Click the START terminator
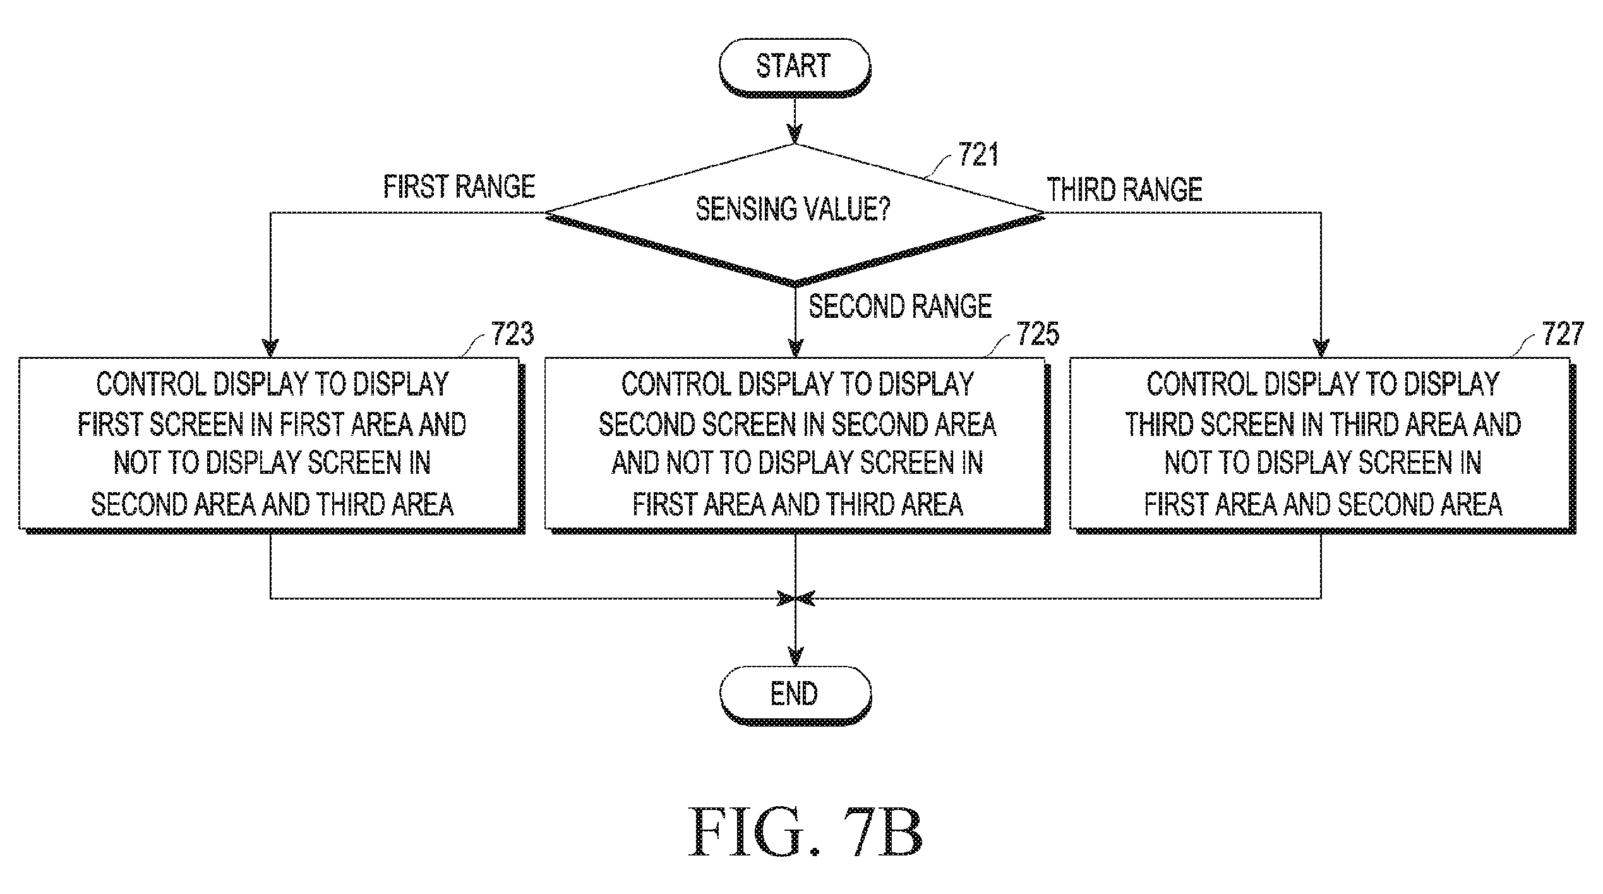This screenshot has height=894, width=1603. pyautogui.click(x=795, y=67)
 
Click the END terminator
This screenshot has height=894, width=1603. pyautogui.click(x=795, y=694)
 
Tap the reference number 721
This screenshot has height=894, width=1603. pyautogui.click(x=978, y=155)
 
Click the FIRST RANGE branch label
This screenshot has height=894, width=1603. pyautogui.click(x=459, y=186)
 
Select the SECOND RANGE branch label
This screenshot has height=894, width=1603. pyautogui.click(x=900, y=306)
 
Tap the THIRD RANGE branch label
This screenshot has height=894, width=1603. pyautogui.click(x=1125, y=190)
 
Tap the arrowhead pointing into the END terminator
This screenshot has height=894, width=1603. pyautogui.click(x=796, y=657)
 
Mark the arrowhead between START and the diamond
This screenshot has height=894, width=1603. pyautogui.click(x=795, y=135)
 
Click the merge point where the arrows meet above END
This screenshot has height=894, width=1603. pyautogui.click(x=796, y=598)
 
